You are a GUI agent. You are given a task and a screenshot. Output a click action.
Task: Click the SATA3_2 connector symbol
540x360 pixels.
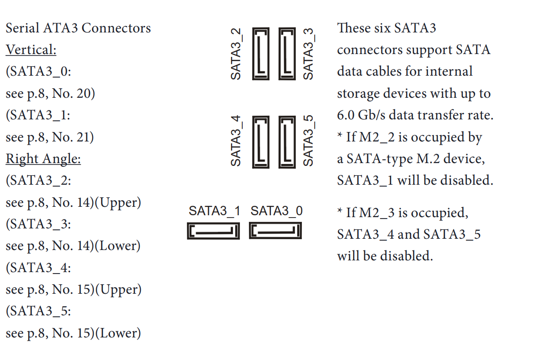tap(261, 54)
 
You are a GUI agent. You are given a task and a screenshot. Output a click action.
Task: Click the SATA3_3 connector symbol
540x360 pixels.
tap(287, 54)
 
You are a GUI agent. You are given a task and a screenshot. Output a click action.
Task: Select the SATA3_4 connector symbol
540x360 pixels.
tap(261, 141)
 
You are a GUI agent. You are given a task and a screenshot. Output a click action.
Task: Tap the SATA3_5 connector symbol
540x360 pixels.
tap(287, 141)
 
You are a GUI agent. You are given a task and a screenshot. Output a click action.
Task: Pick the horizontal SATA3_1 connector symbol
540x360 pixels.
tap(213, 231)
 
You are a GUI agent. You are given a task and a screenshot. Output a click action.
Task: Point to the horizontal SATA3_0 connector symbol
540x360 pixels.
tap(275, 231)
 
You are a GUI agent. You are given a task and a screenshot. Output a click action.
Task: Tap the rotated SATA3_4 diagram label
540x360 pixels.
tap(236, 141)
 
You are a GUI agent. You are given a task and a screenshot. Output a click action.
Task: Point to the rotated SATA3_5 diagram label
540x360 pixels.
tap(308, 141)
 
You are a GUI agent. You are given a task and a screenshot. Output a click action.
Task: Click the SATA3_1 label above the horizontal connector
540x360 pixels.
tap(214, 211)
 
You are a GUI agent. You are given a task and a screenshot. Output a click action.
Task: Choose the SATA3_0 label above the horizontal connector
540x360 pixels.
tap(277, 211)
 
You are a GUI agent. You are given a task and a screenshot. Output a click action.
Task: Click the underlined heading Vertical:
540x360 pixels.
tap(31, 50)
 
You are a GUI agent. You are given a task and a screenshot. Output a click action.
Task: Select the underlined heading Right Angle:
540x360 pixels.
tap(43, 159)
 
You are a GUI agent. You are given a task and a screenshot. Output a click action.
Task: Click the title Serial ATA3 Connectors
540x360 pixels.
tap(78, 28)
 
